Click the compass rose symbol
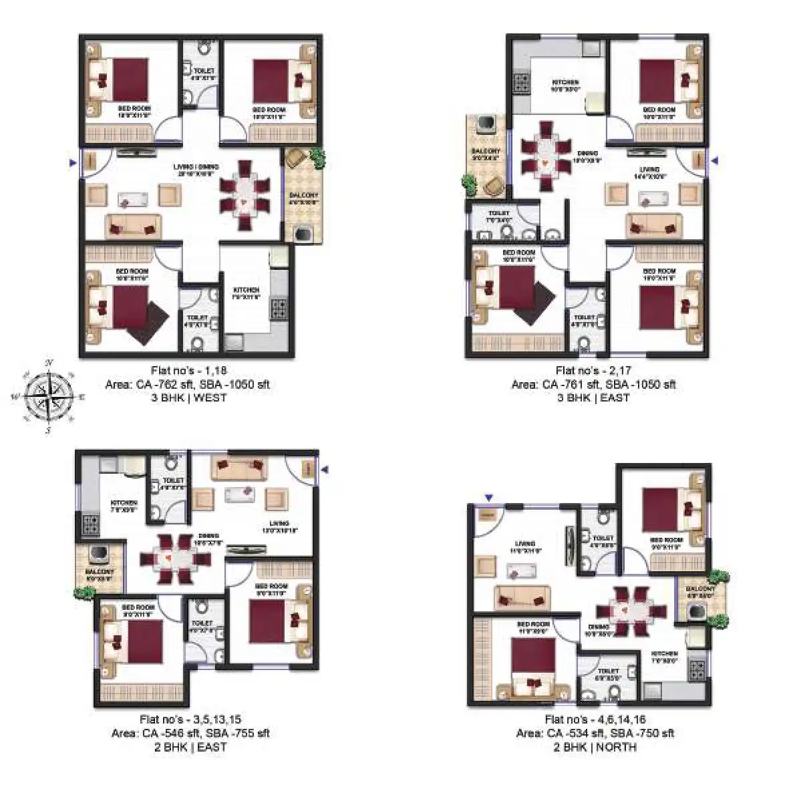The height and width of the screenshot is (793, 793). pyautogui.click(x=47, y=396)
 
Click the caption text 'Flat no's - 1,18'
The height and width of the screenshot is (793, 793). pyautogui.click(x=188, y=371)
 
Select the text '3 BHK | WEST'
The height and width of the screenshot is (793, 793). pyautogui.click(x=188, y=398)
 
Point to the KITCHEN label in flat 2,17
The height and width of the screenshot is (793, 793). pyautogui.click(x=565, y=84)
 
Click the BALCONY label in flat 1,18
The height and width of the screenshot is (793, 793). pyautogui.click(x=303, y=196)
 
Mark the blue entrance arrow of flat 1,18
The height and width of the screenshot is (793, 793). pyautogui.click(x=73, y=162)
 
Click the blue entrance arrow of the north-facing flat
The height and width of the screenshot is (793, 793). pyautogui.click(x=489, y=497)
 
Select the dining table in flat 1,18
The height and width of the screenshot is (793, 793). pyautogui.click(x=245, y=194)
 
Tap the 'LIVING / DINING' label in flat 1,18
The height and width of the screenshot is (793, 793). pyautogui.click(x=198, y=167)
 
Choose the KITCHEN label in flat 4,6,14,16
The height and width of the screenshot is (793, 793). pyautogui.click(x=664, y=654)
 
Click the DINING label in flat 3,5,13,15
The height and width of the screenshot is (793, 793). pyautogui.click(x=207, y=536)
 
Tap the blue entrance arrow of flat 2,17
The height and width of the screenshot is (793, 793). pyautogui.click(x=715, y=160)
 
